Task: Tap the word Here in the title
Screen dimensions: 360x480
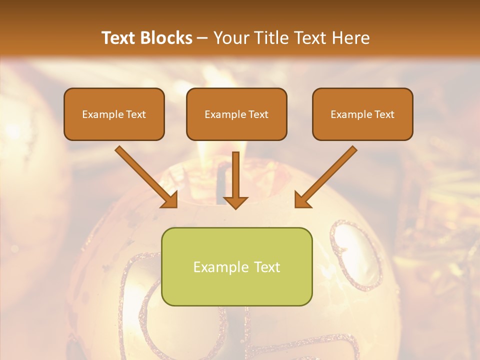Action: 350,38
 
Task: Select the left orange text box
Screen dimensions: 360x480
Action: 114,114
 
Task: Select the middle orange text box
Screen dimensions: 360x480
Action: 236,114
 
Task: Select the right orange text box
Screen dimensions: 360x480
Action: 362,114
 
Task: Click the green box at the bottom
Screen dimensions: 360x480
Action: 236,266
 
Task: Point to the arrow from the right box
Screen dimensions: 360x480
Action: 328,175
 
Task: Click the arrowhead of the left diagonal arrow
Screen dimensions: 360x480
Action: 170,200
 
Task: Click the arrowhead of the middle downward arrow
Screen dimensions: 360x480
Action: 235,202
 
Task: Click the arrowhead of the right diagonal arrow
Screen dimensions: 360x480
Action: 302,200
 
